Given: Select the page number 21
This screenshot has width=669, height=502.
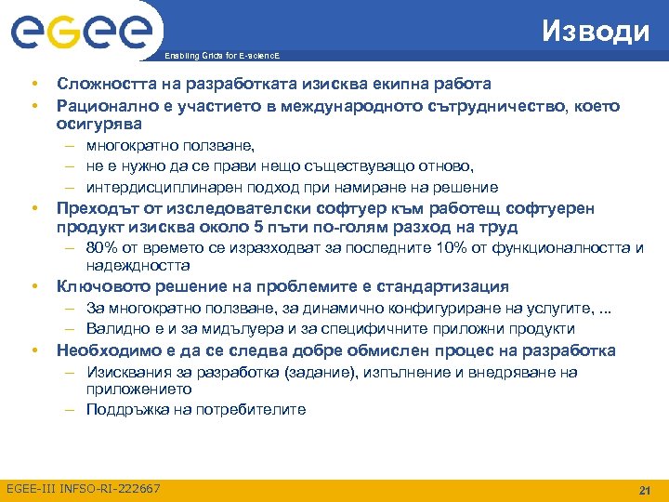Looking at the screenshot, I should [642, 490].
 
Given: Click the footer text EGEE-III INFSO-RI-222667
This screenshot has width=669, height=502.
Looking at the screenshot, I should [83, 489].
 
